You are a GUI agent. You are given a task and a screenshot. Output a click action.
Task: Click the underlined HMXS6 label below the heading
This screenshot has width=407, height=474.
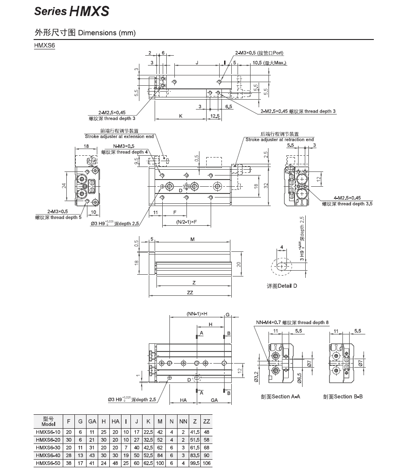[x=44, y=45]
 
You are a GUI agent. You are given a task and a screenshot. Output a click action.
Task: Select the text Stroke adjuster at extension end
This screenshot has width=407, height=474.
[x=119, y=136]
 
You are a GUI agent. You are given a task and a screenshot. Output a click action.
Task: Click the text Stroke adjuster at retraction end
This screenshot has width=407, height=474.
[x=279, y=140]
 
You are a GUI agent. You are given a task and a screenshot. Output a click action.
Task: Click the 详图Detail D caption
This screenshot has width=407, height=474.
[x=281, y=286]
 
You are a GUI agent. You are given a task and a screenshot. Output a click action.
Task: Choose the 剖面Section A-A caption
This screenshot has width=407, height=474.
[x=280, y=396]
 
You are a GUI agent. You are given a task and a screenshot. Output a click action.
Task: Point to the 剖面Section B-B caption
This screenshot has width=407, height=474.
[x=343, y=396]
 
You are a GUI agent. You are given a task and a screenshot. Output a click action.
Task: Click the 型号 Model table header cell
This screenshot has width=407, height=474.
[x=48, y=421]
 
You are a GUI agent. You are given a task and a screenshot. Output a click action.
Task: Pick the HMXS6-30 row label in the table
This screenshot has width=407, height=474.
[x=48, y=448]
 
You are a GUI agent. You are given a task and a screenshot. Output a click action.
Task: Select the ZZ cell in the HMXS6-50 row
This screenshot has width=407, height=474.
[x=206, y=463]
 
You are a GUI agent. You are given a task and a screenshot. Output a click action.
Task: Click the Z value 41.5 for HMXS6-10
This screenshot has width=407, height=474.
[x=195, y=432]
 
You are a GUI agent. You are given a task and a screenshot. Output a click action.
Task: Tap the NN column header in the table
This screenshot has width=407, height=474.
[x=183, y=421]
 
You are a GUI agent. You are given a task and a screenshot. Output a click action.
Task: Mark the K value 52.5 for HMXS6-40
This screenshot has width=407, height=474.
[x=148, y=456]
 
